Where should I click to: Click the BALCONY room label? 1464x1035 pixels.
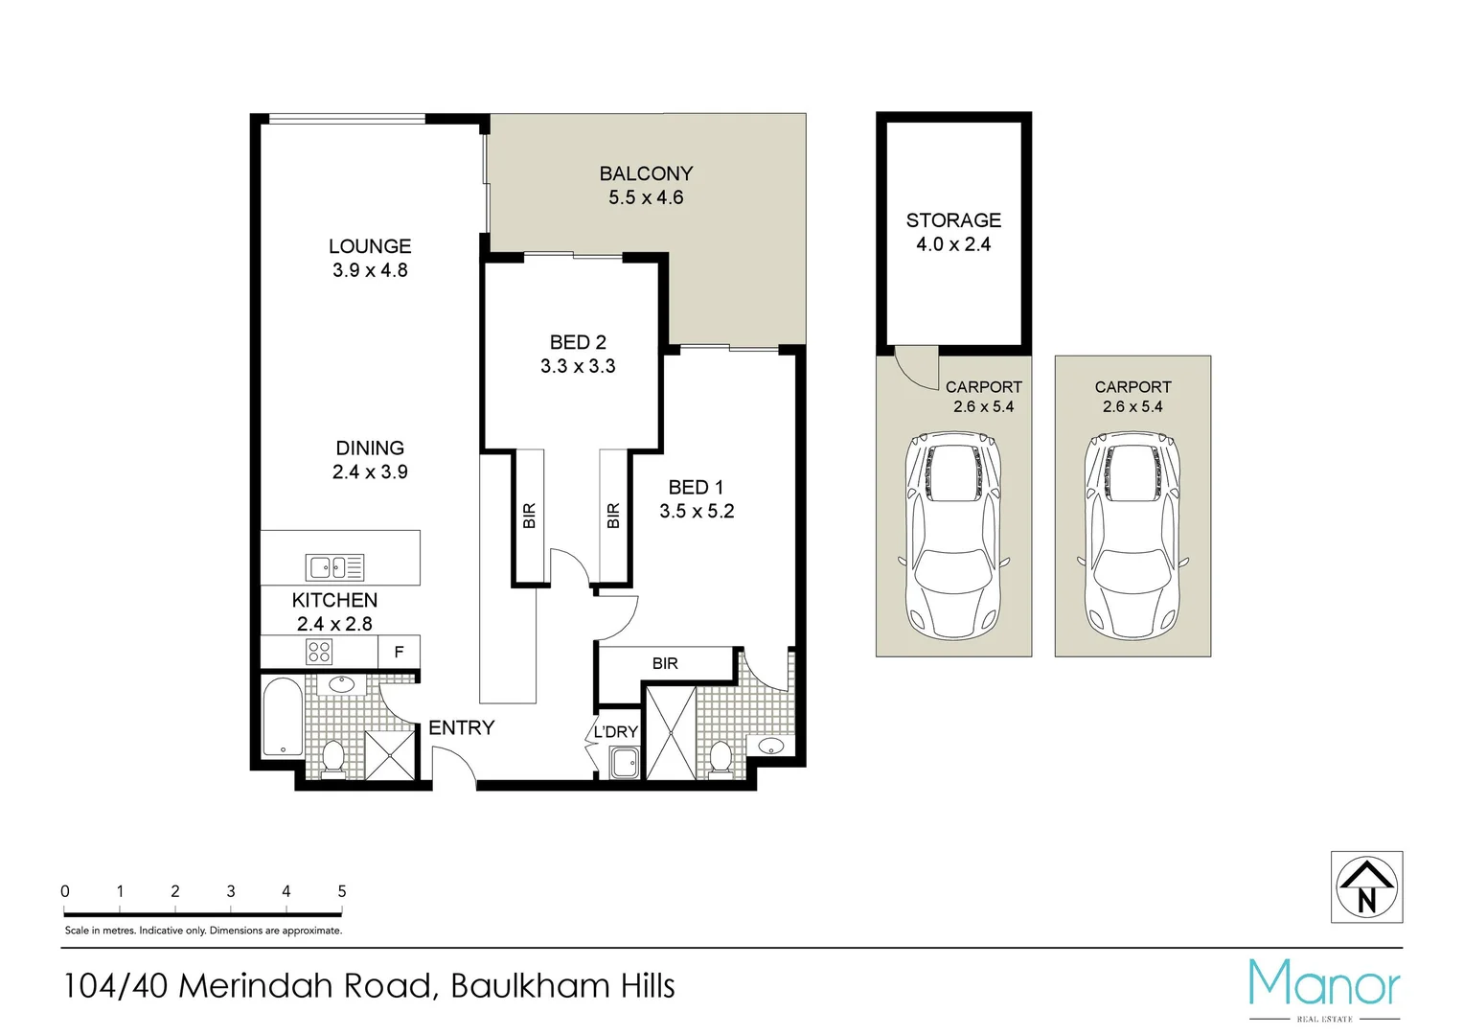pyautogui.click(x=646, y=173)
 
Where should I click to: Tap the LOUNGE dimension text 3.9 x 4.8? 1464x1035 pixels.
pyautogui.click(x=370, y=270)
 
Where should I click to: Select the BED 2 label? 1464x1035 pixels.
pyautogui.click(x=578, y=342)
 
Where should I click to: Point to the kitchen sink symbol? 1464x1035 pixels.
pyautogui.click(x=334, y=567)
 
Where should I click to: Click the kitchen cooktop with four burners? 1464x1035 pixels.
pyautogui.click(x=319, y=653)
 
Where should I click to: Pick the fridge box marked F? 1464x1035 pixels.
pyautogui.click(x=399, y=652)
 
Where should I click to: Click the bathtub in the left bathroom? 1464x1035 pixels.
pyautogui.click(x=283, y=717)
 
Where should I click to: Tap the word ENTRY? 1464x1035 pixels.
pyautogui.click(x=461, y=728)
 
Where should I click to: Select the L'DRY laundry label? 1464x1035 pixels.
pyautogui.click(x=615, y=732)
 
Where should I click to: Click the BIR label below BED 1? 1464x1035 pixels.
pyautogui.click(x=665, y=663)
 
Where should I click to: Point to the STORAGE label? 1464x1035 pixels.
pyautogui.click(x=953, y=220)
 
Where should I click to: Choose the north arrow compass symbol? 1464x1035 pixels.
pyautogui.click(x=1366, y=887)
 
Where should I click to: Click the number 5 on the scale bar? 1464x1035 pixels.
pyautogui.click(x=342, y=891)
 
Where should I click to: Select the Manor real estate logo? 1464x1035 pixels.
pyautogui.click(x=1324, y=987)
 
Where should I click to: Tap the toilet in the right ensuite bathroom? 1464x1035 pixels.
pyautogui.click(x=721, y=756)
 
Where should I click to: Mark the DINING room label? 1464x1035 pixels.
pyautogui.click(x=370, y=448)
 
